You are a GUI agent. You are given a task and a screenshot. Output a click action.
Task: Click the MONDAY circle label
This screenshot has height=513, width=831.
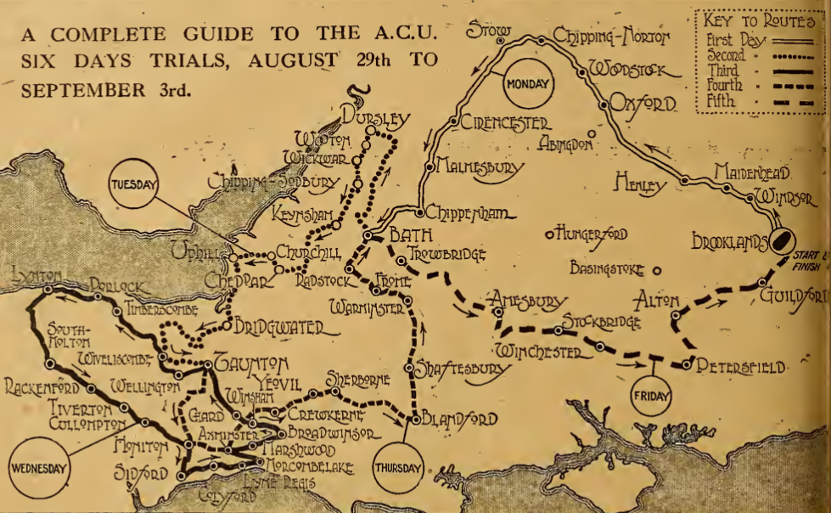pos(528,84)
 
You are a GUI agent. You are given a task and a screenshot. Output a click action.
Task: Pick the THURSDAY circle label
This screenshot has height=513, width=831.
pos(396,468)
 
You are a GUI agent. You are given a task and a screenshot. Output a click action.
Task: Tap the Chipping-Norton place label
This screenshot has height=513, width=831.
pos(612,36)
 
